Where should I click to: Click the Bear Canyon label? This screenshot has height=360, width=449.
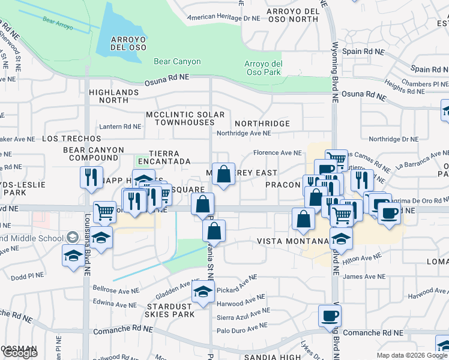pos(177,61)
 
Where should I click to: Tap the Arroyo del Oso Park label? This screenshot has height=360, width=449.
pos(263,68)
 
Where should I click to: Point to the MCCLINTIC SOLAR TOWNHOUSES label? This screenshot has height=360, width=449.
pos(185,118)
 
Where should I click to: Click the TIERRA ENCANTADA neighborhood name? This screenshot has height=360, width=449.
pos(164,157)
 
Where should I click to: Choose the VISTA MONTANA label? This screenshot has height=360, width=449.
pos(294,241)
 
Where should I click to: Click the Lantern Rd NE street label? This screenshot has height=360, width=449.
pos(120,127)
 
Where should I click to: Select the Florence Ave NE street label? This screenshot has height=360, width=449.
pos(277,153)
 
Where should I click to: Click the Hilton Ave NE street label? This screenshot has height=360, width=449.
pos(361,257)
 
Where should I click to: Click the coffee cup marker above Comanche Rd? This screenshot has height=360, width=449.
pos(329,316)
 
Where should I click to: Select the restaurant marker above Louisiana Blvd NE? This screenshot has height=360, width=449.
pos(90,177)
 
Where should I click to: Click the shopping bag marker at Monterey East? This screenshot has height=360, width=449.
pos(223,175)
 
